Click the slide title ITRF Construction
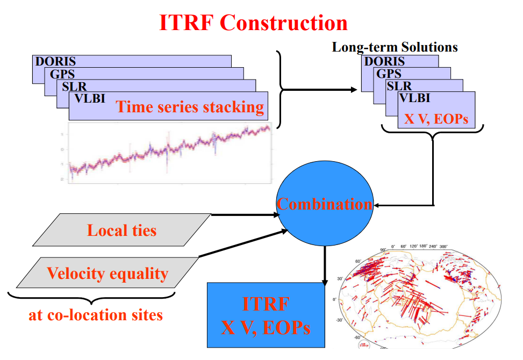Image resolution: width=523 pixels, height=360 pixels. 253,23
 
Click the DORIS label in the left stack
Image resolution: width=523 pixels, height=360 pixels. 56,61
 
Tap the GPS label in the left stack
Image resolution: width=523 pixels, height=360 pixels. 62,74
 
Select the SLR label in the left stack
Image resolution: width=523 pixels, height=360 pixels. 74,86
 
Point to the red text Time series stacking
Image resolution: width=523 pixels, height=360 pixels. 190,106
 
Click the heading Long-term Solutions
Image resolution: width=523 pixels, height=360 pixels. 395,47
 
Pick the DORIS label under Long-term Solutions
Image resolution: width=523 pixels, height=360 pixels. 385,61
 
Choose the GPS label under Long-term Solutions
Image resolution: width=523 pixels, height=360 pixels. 389,74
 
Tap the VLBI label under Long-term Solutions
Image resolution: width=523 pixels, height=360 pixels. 414,98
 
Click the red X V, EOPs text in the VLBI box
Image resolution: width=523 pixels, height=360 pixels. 436,119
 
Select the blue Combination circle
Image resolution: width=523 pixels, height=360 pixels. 324,204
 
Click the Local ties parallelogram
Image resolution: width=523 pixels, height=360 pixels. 122,231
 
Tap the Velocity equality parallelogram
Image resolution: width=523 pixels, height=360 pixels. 108,273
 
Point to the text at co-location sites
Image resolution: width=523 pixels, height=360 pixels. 95,314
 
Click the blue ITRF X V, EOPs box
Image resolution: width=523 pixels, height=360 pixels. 266,314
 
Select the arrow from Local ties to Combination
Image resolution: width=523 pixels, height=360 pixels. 245,214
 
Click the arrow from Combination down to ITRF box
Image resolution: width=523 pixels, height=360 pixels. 324,266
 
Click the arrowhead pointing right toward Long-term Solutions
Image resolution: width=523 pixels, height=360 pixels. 355,90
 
